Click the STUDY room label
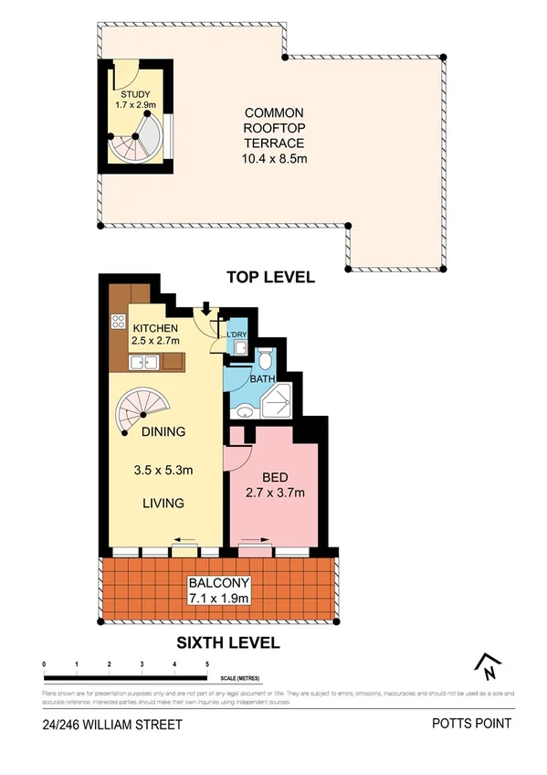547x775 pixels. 132,93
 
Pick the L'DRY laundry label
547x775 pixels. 237,335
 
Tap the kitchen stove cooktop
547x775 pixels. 118,320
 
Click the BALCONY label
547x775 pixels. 218,584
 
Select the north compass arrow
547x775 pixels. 489,666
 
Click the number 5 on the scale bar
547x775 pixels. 208,664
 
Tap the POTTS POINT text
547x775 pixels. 472,725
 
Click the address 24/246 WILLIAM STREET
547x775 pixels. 111,725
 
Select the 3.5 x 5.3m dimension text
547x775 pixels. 164,472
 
